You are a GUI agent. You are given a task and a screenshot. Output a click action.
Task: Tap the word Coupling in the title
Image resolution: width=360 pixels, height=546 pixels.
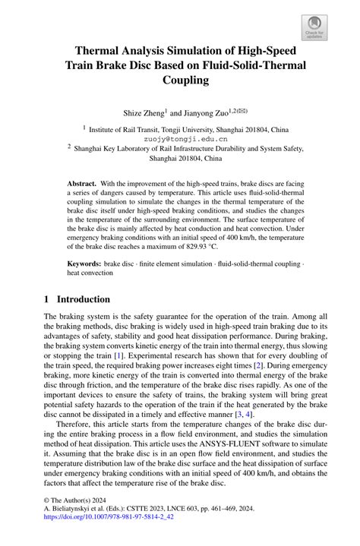(179, 81)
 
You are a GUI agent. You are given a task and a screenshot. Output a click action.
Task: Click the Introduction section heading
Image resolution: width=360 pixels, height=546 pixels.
(84, 298)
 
